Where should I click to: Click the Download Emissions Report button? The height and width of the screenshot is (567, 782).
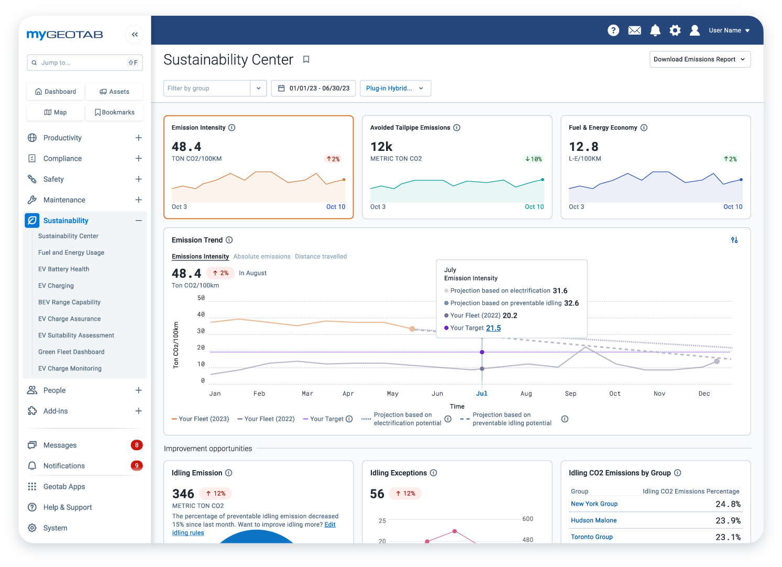(700, 59)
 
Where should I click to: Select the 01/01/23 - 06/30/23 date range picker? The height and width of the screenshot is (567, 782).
(313, 88)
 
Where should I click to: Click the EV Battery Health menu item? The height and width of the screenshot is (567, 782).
(63, 269)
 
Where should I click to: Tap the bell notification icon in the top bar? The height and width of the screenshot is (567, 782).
(655, 30)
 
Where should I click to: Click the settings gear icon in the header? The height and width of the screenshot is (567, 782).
(675, 30)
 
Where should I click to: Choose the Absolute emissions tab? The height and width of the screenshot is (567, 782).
(262, 256)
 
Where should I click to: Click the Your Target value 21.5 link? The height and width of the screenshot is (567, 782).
(493, 328)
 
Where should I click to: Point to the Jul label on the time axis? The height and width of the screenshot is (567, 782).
(481, 394)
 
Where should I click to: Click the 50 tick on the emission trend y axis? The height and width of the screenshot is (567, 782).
(201, 298)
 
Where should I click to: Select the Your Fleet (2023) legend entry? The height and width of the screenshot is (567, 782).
(201, 419)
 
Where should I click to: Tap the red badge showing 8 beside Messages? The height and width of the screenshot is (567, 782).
(137, 445)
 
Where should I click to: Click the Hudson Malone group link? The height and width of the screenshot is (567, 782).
(593, 520)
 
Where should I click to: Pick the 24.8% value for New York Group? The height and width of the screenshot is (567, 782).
(728, 504)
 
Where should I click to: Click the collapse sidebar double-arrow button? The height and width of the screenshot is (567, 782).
(135, 35)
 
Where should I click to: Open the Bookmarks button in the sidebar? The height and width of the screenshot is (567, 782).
(114, 112)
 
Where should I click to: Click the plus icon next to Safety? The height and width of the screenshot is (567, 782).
(138, 179)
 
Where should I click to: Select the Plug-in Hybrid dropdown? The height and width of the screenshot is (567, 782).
(395, 88)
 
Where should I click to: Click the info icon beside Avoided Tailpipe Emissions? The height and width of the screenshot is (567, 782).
(457, 127)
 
